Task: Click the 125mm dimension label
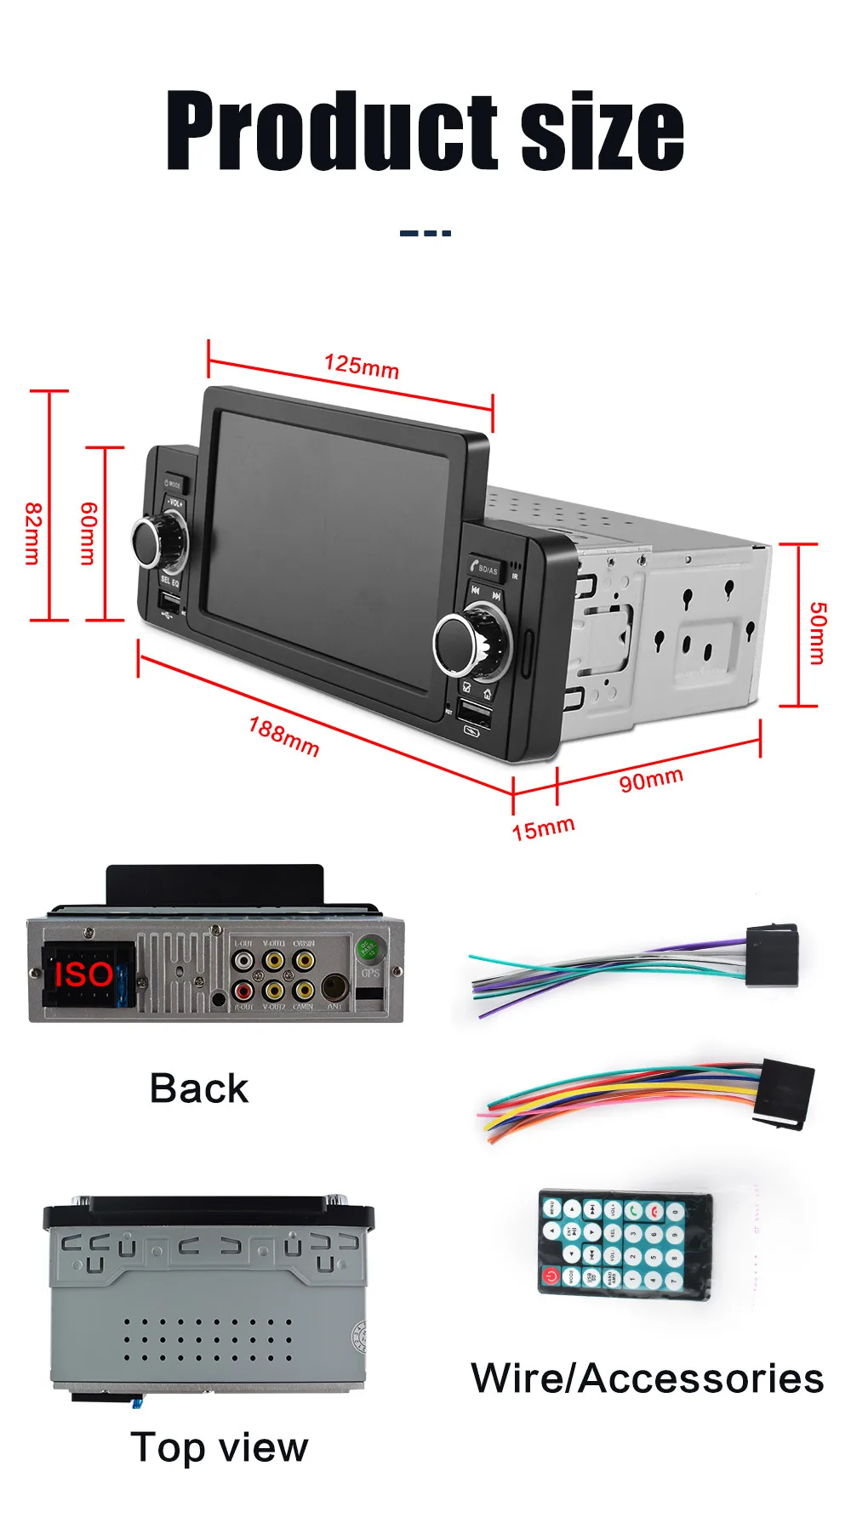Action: [362, 366]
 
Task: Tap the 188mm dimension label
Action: [283, 736]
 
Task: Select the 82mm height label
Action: [32, 533]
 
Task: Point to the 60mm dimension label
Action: [88, 533]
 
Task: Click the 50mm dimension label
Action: [817, 633]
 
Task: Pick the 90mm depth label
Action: [651, 779]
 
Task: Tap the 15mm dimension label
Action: [543, 828]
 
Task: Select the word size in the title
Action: [602, 132]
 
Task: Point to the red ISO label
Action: [83, 975]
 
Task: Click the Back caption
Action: [199, 1088]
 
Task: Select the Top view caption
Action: [220, 1447]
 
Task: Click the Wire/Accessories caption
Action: [647, 1378]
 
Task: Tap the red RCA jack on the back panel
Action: [243, 990]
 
